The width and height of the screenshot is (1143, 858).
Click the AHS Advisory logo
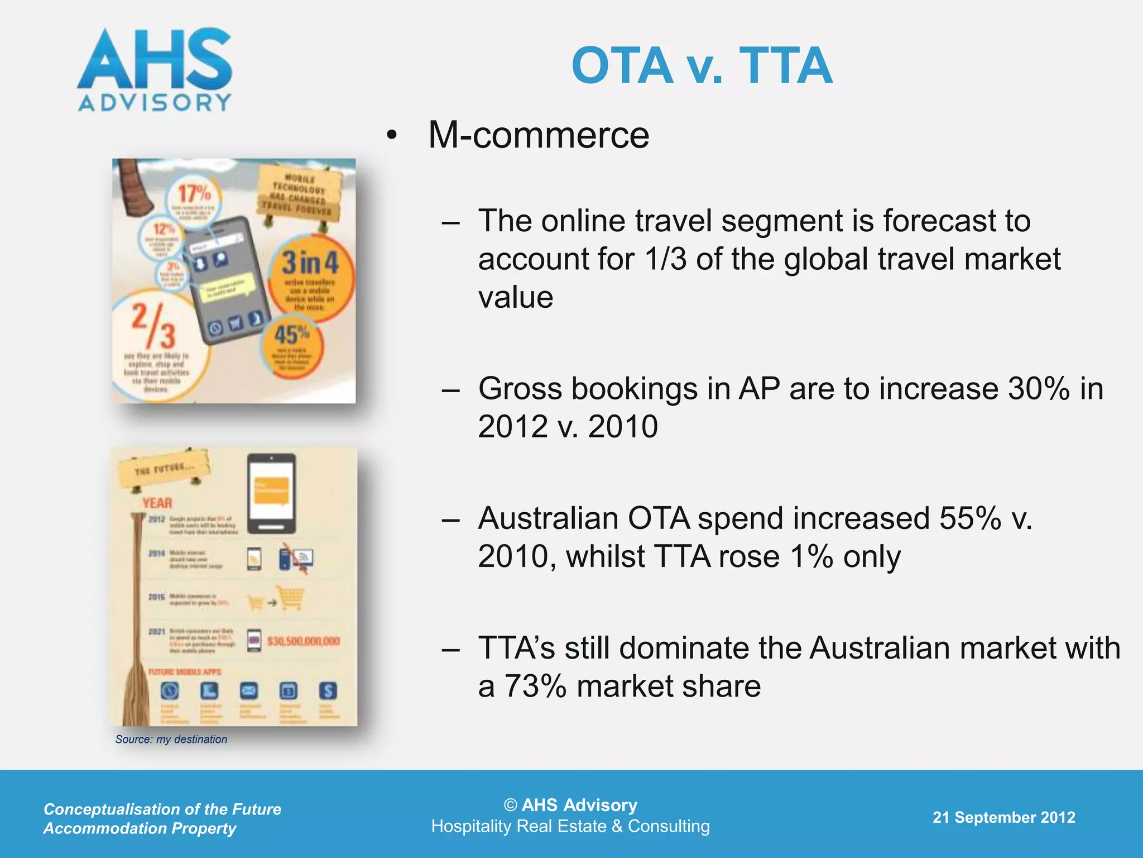pos(155,70)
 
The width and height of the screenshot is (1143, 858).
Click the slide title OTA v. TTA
pos(702,66)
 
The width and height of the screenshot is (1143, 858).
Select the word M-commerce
pos(539,135)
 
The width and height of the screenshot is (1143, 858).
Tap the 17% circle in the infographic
pos(194,196)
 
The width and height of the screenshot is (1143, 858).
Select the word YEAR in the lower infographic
pos(157,503)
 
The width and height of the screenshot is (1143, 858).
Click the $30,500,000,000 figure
pos(303,641)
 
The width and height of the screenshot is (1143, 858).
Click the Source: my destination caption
pos(171,739)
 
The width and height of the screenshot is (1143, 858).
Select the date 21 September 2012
pos(1003,817)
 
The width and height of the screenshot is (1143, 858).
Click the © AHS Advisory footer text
pos(570,805)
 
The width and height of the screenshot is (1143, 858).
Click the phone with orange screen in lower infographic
pos(271,493)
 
